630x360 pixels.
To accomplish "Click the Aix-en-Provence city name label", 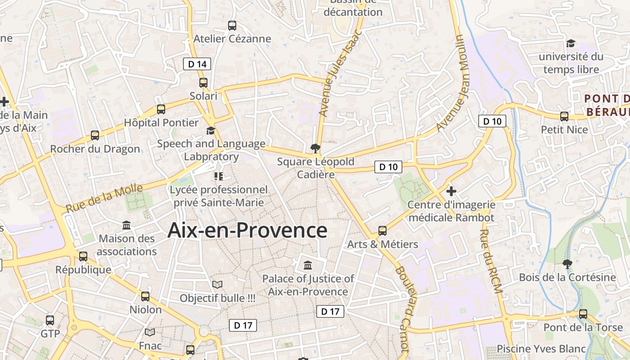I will [247, 230].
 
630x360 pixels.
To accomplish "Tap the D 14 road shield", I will [197, 64].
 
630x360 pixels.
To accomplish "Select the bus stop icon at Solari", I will [203, 83].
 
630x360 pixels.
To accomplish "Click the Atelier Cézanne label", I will [232, 39].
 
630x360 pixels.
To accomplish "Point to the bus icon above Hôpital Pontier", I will [161, 109].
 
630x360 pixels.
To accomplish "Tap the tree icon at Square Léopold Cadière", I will [315, 148].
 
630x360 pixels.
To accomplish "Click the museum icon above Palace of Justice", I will [308, 265].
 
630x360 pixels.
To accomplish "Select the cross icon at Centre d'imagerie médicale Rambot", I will [451, 191].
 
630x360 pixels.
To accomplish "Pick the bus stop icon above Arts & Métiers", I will [382, 231].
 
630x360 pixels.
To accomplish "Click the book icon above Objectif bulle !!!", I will [217, 284].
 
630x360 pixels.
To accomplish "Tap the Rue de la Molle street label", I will [104, 198].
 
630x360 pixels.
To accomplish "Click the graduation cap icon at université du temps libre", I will [571, 43].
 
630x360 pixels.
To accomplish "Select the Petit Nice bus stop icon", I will [564, 117].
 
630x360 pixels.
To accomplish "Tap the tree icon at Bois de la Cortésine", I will [567, 264].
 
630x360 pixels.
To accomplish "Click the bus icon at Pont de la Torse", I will [583, 314].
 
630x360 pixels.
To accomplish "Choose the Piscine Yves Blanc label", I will [541, 349].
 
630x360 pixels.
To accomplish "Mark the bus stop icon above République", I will [83, 256].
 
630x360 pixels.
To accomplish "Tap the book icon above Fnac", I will [150, 332].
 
